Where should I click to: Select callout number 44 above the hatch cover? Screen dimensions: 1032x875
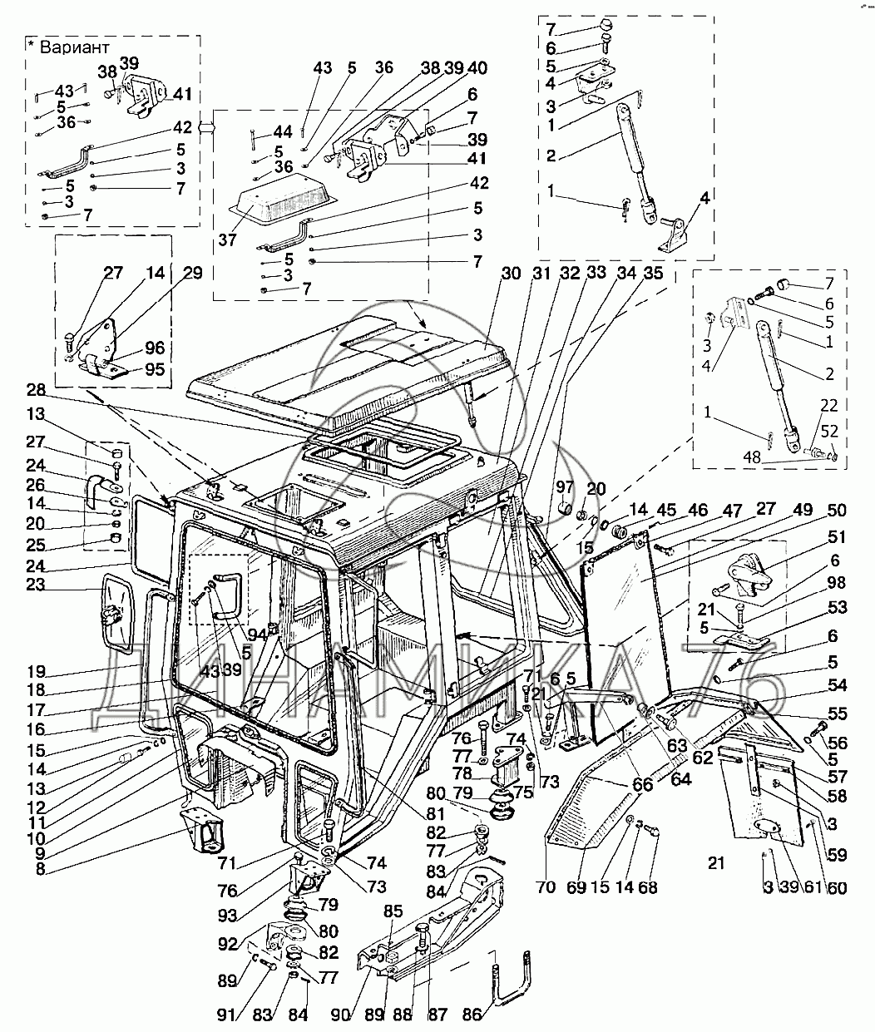[x=282, y=132]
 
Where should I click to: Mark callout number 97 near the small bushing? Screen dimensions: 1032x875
[x=565, y=485]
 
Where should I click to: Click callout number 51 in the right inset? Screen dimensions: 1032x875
[x=835, y=536]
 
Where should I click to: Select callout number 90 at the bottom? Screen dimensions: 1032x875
[x=341, y=1015]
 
